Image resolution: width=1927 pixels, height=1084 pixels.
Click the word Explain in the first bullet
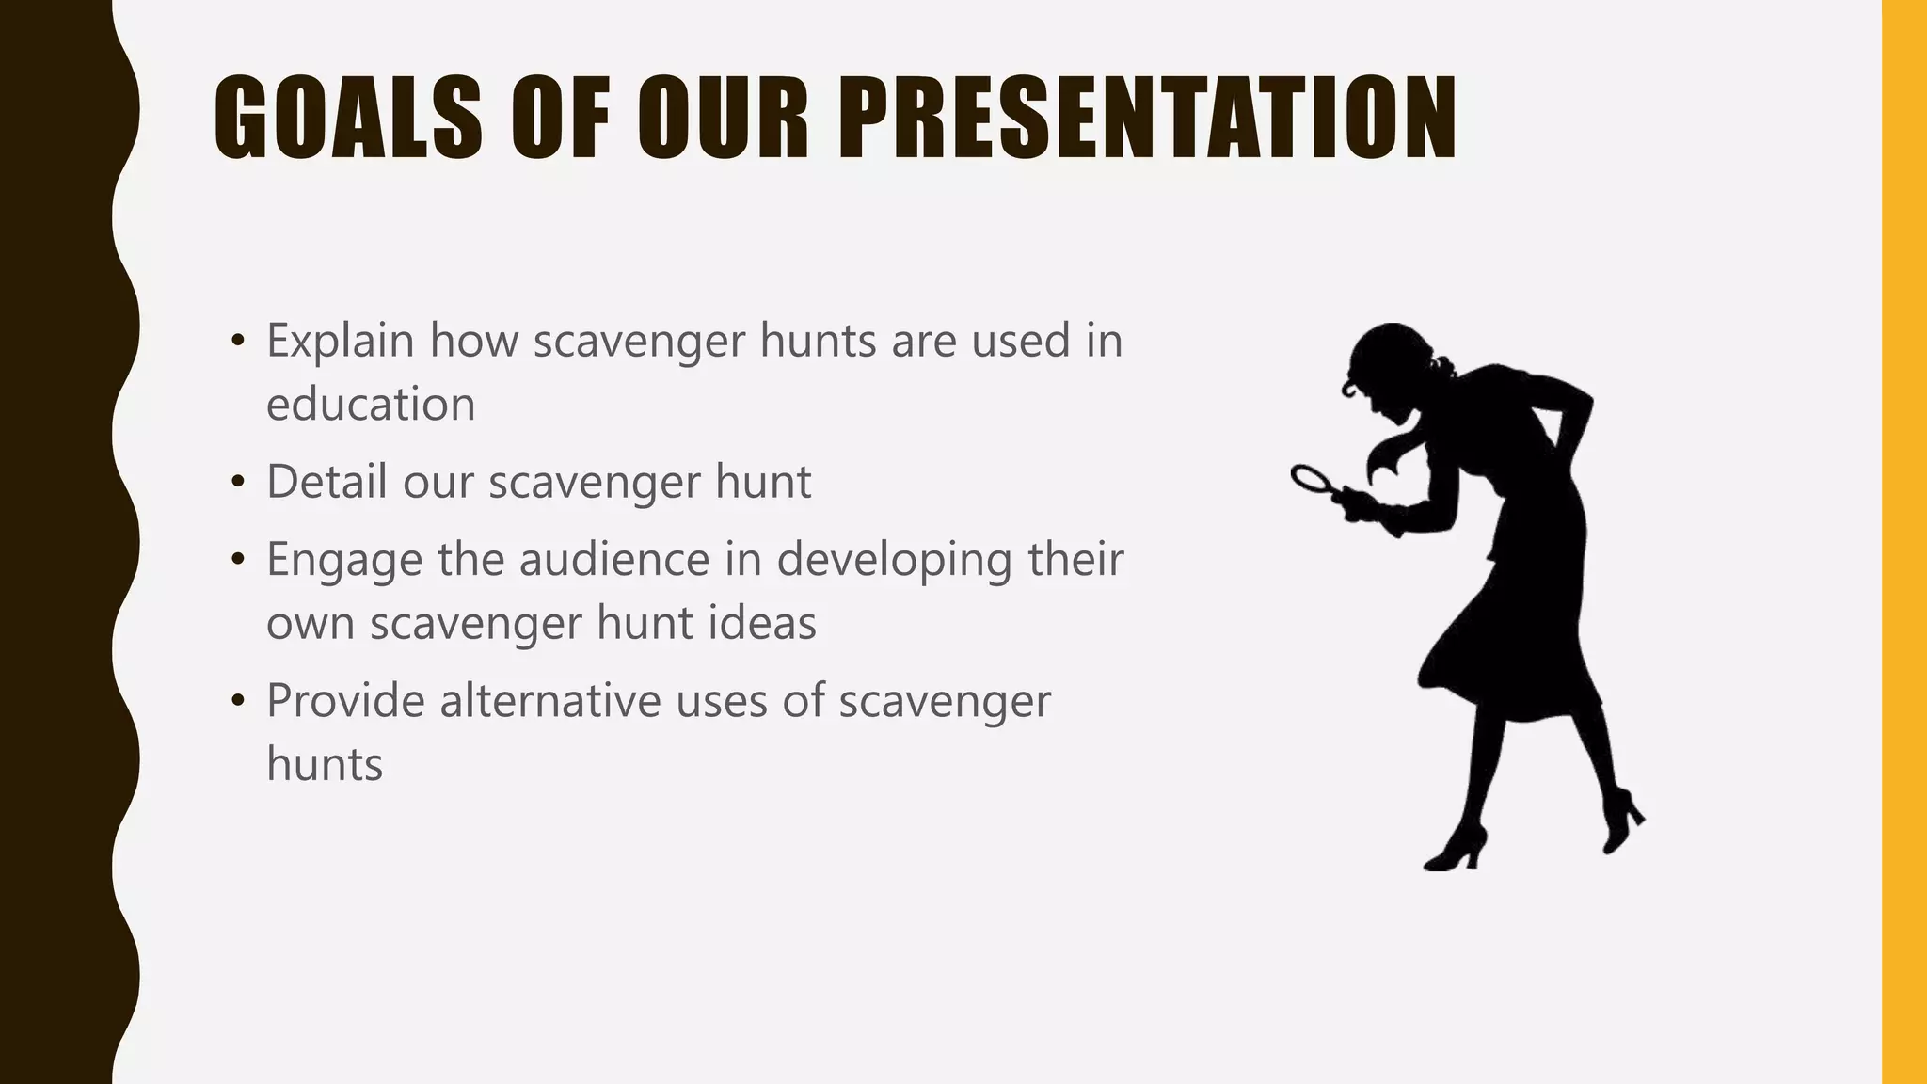340,341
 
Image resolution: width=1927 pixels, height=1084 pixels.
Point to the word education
371,405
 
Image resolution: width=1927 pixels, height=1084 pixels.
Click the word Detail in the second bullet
326,482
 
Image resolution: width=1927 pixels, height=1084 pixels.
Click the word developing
894,561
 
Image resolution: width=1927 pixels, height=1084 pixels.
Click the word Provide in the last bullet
344,701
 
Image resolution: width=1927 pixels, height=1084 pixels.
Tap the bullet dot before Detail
238,483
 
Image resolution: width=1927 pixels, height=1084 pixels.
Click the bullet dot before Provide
238,702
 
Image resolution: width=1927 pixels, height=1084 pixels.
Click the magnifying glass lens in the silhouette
1309,478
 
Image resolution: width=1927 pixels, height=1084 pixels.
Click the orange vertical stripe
1903,542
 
